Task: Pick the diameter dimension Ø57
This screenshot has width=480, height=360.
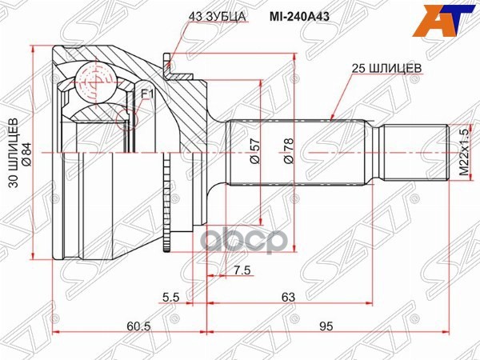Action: (254, 151)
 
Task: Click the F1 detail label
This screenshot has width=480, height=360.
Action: (146, 94)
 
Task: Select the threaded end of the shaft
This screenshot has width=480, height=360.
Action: (413, 152)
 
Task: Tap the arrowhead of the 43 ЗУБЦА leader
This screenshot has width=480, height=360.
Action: (167, 59)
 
